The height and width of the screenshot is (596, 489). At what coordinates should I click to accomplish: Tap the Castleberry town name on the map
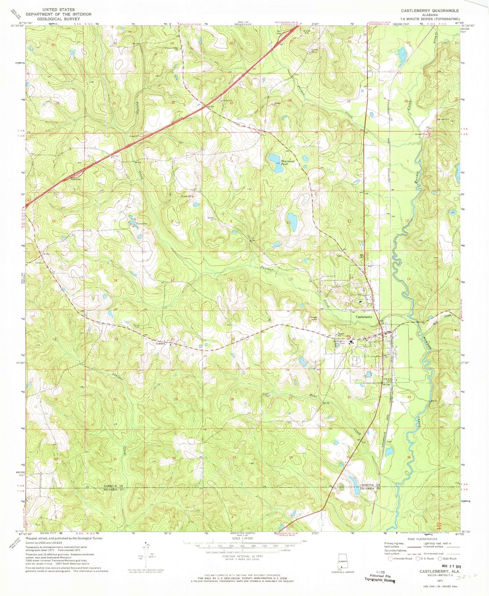[x=363, y=317]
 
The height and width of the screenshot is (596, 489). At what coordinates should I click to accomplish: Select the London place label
[x=160, y=344]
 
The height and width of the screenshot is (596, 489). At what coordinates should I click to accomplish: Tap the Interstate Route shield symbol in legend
[x=391, y=559]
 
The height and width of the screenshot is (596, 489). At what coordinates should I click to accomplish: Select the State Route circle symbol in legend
[x=440, y=559]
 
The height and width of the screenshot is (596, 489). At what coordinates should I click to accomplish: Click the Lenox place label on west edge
[x=38, y=262]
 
